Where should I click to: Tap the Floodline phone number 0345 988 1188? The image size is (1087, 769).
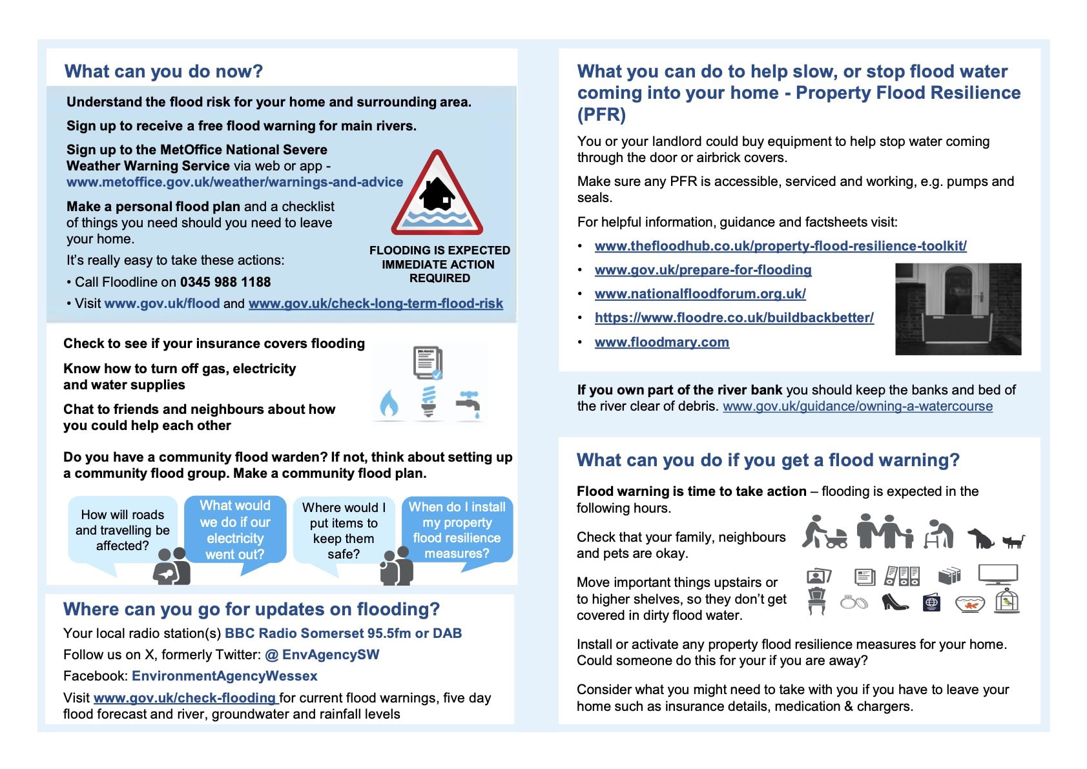coord(225,282)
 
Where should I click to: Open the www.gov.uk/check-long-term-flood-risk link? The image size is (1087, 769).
coord(375,303)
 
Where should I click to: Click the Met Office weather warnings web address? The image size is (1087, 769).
coord(234,182)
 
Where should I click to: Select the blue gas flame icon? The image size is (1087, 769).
coord(389,404)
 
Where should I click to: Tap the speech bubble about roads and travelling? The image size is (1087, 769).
coord(122,530)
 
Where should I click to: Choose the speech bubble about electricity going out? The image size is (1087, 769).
coord(235,530)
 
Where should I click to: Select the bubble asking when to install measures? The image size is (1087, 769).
coord(457,530)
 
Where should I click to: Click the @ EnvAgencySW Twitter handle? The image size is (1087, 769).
coord(322,655)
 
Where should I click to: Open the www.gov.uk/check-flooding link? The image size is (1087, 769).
coord(185,698)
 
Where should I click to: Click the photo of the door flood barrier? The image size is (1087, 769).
coord(958,309)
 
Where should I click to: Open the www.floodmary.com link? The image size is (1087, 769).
coord(661,342)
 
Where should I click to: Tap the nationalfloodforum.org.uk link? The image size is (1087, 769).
coord(700,294)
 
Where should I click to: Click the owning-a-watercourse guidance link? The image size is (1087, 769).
coord(857,406)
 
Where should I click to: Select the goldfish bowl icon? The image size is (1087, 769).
coord(969,604)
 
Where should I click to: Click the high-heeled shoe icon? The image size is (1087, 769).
coord(894,602)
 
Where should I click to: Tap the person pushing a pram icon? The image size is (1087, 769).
coord(824,532)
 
